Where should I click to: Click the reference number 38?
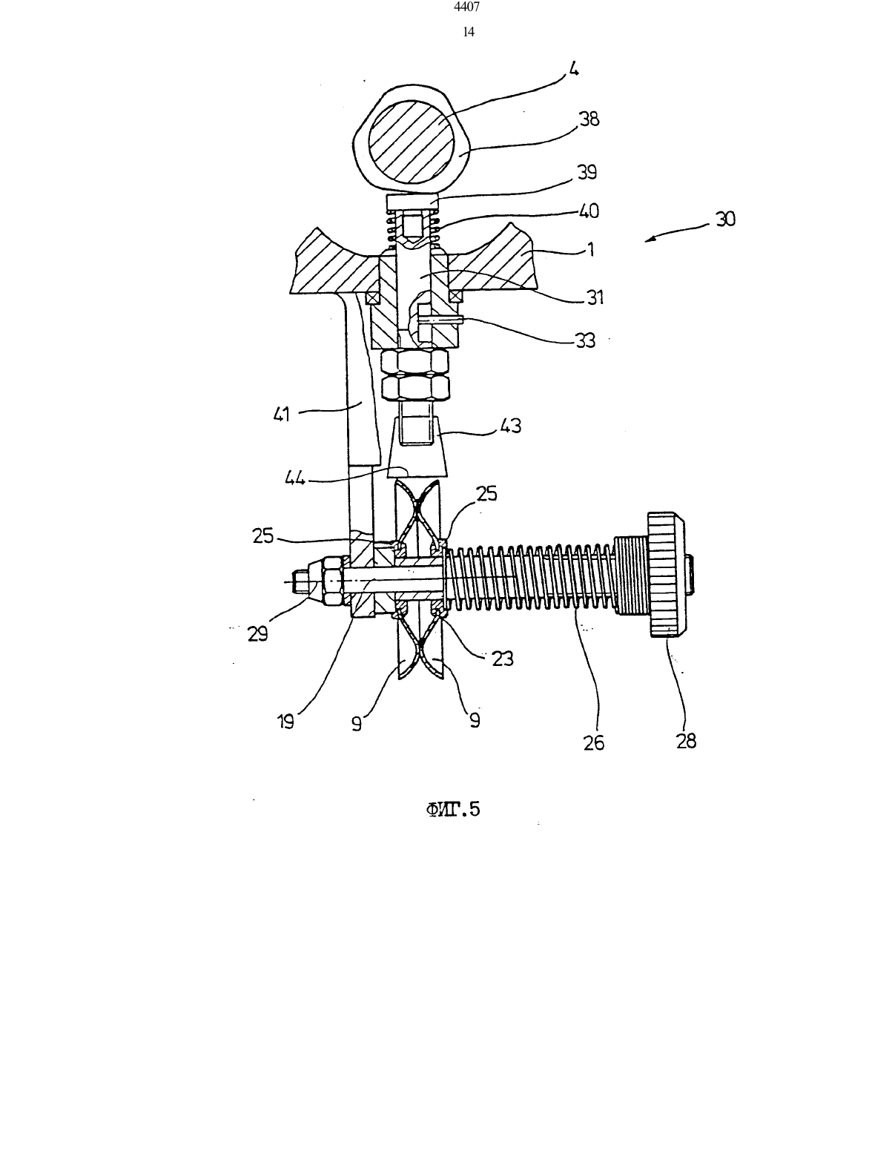tap(589, 119)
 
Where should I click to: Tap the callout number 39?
tap(587, 172)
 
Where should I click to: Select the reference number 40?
tap(588, 211)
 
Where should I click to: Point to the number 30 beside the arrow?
tap(725, 219)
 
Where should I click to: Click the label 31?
tap(595, 297)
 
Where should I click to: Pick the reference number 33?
tap(586, 340)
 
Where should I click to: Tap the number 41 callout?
tap(282, 414)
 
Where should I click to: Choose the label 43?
tap(511, 426)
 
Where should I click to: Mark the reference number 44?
tap(295, 478)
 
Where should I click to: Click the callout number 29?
tap(258, 633)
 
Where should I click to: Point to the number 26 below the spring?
tap(594, 742)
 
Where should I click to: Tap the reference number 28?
tap(686, 740)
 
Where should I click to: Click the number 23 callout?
tap(503, 659)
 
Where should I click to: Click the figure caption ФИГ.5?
tap(453, 809)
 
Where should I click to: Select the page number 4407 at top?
tap(468, 7)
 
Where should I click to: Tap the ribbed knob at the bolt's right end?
tap(667, 574)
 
